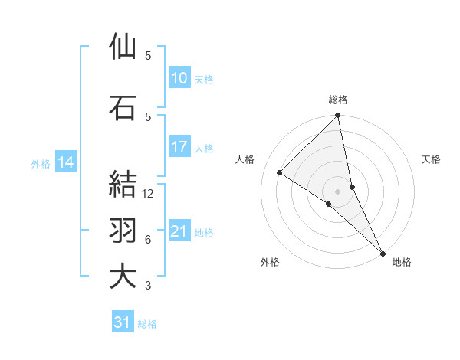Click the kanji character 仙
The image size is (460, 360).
coord(123,47)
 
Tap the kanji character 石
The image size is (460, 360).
coord(123,108)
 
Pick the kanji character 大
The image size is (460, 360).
coord(123,277)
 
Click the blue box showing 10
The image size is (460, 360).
coord(179,78)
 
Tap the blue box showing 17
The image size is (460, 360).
coord(179,147)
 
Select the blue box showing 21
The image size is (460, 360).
coord(179,231)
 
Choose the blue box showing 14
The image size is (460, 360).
coord(65,162)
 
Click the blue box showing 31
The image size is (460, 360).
coord(122,323)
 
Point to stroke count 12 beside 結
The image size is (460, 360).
coord(149,194)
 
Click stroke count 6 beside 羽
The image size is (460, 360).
coord(148,240)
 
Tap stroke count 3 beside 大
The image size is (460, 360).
coord(148,286)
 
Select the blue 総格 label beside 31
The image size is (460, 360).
coord(147,324)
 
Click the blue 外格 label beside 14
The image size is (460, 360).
coord(41,163)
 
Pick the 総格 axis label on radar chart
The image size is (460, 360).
coord(338,100)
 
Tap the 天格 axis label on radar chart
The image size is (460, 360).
coord(432,159)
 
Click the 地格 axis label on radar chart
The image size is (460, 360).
coord(402,262)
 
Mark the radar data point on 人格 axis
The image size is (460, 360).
coord(280,172)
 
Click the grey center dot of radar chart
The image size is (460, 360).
coord(338,191)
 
